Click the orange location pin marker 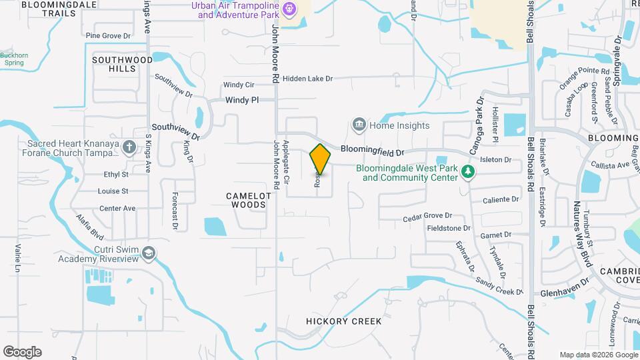tap(320, 159)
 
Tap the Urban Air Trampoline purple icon tap(289, 9)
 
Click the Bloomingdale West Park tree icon tap(468, 173)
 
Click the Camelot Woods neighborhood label tap(249, 200)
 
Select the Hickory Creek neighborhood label tap(343, 321)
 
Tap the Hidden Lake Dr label tap(307, 79)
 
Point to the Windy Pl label tap(241, 100)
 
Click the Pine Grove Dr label tap(107, 35)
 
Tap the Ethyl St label tap(115, 175)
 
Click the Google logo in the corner tap(22, 351)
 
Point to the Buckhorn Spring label tap(12, 59)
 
